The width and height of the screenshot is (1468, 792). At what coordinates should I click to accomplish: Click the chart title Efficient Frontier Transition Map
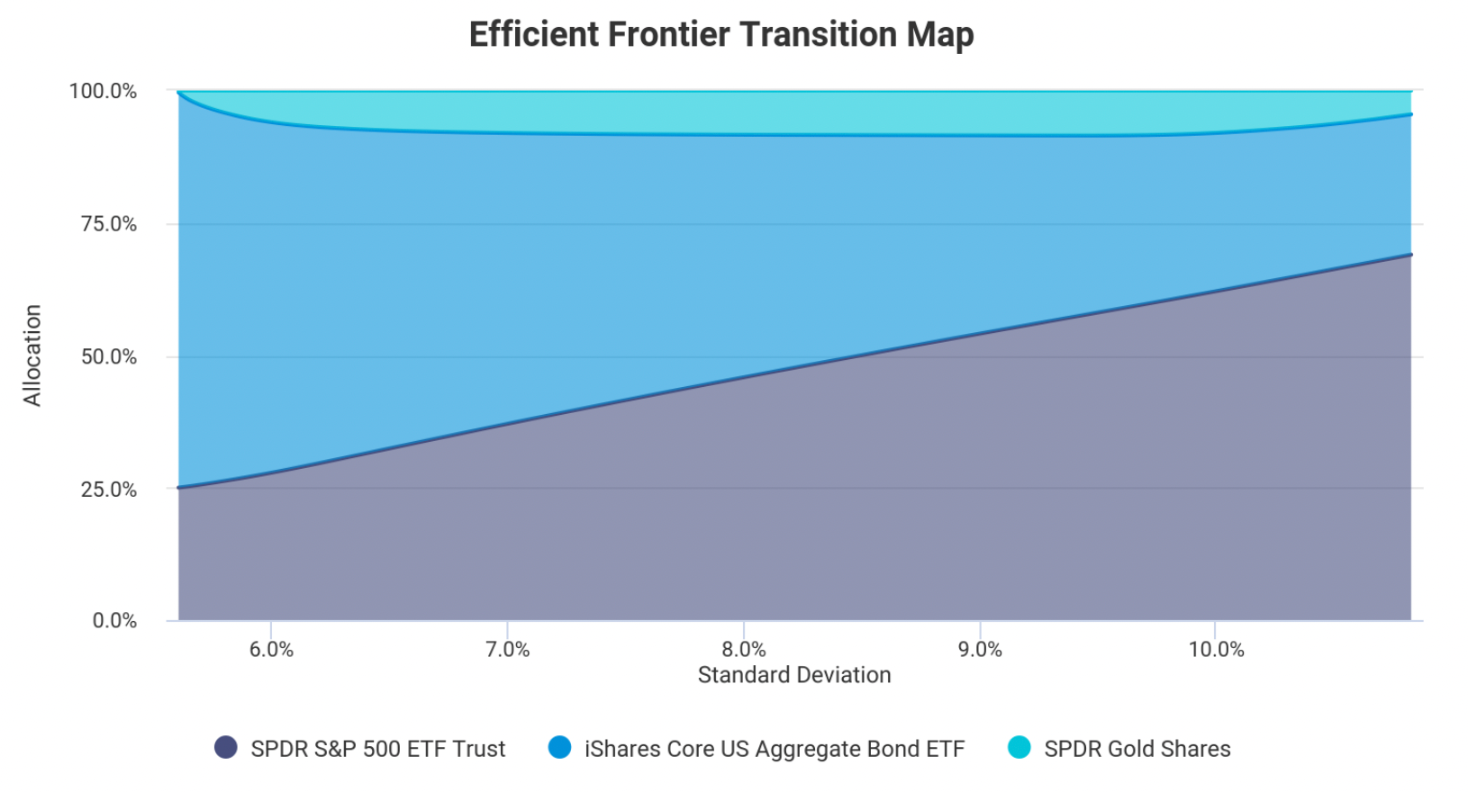click(721, 35)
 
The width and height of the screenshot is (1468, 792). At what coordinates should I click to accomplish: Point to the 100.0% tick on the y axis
click(103, 91)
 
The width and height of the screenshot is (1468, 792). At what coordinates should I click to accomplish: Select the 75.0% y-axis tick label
click(109, 224)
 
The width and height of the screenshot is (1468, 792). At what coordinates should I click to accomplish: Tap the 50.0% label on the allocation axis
click(109, 356)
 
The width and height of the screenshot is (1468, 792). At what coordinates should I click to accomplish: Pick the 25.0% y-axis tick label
click(109, 490)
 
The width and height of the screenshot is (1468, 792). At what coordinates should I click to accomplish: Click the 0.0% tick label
click(114, 620)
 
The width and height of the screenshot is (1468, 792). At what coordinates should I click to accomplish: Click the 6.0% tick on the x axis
click(271, 649)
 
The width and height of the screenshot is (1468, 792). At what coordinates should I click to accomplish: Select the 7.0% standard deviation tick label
click(507, 649)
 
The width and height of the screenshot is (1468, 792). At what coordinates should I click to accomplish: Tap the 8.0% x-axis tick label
click(743, 649)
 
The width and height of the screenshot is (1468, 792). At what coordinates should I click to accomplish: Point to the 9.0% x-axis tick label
click(980, 649)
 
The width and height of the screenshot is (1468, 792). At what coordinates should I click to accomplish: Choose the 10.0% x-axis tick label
click(1216, 649)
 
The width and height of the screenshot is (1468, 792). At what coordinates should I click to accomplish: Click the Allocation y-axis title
click(32, 355)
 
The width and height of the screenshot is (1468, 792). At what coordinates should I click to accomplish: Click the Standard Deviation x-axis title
click(794, 675)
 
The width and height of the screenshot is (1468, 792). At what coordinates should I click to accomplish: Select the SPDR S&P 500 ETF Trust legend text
click(378, 749)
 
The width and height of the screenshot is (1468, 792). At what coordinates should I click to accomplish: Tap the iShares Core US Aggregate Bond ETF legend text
click(775, 749)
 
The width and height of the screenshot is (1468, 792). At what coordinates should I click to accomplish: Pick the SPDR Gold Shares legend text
click(1137, 749)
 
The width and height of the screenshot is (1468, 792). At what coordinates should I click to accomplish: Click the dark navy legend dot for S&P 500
click(226, 747)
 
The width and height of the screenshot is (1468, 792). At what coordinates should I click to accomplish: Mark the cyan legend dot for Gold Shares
click(1019, 747)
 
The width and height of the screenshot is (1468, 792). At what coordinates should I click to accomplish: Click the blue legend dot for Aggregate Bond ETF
click(559, 747)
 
